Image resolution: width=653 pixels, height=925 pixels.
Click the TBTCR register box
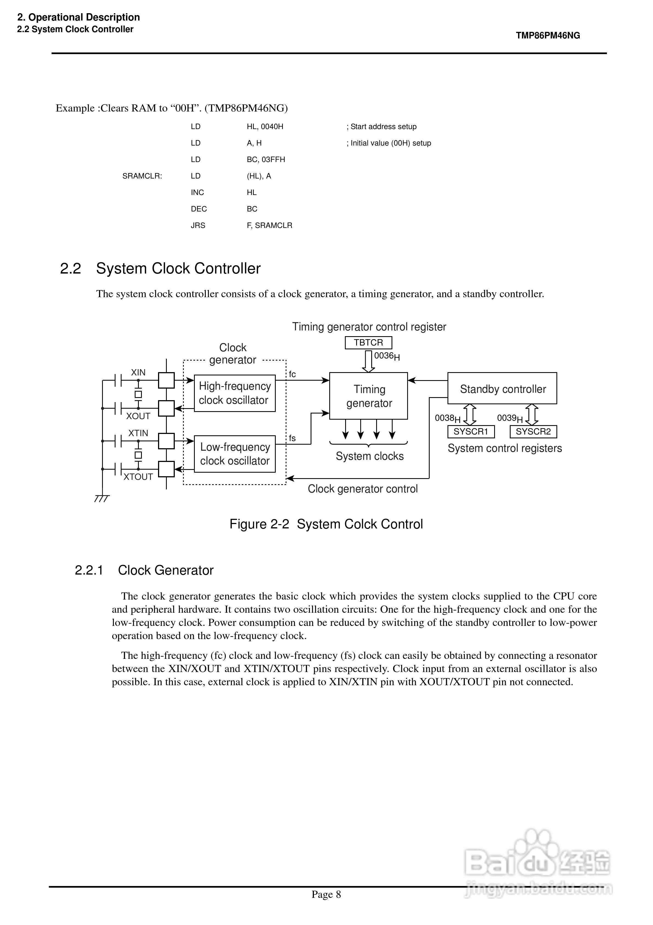[368, 343]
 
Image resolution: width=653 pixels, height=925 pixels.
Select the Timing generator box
[368, 396]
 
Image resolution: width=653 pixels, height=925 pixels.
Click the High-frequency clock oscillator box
[235, 393]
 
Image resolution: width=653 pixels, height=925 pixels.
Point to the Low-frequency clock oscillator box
[235, 454]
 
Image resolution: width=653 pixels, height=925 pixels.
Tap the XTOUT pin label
[138, 477]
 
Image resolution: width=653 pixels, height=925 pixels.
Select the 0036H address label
[387, 356]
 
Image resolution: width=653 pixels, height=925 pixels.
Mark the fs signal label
[292, 438]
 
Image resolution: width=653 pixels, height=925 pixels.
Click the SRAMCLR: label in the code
[142, 176]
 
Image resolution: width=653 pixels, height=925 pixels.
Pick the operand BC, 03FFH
[266, 160]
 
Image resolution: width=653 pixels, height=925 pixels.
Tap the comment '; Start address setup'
[382, 127]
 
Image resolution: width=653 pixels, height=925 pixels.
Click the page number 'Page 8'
[326, 895]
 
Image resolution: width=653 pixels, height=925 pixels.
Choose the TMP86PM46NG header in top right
[548, 35]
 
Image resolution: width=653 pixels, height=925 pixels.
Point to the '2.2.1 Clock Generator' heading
[144, 570]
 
